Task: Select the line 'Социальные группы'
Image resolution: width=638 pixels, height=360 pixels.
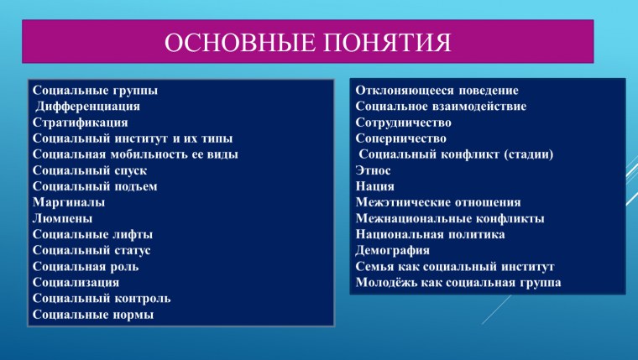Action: (95, 91)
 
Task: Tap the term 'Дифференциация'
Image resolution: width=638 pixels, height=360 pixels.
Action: (87, 107)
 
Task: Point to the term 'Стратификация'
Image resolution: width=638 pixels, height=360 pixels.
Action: (80, 123)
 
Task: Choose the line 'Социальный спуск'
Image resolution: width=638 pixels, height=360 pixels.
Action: (92, 170)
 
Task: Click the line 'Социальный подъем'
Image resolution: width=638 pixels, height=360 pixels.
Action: (95, 186)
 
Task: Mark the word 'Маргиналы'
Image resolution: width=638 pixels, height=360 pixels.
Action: (69, 202)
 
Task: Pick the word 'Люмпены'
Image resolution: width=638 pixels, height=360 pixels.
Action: (64, 218)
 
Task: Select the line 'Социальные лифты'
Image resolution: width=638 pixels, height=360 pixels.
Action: (92, 234)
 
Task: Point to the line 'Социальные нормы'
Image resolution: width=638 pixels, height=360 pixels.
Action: (93, 314)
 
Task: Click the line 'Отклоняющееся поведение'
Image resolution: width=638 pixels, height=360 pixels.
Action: (437, 91)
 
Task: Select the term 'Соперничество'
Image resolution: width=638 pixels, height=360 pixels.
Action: (401, 138)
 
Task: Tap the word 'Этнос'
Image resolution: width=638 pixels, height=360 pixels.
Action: (374, 170)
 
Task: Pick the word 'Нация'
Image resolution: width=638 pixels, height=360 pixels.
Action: (374, 186)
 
